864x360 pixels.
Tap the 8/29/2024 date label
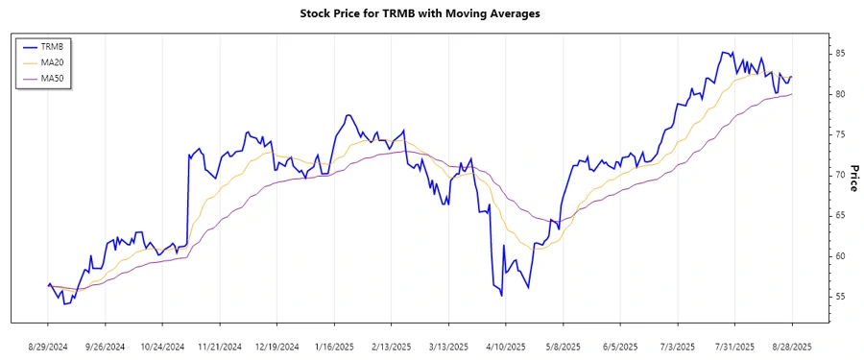click(x=48, y=346)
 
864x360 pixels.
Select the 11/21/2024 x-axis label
click(x=220, y=346)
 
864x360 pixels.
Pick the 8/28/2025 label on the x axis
click(x=792, y=346)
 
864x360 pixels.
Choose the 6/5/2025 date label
click(x=620, y=346)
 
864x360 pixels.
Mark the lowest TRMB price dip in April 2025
click(x=501, y=296)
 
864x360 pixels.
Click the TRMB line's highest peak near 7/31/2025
click(x=722, y=52)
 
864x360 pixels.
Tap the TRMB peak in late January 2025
click(x=348, y=115)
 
